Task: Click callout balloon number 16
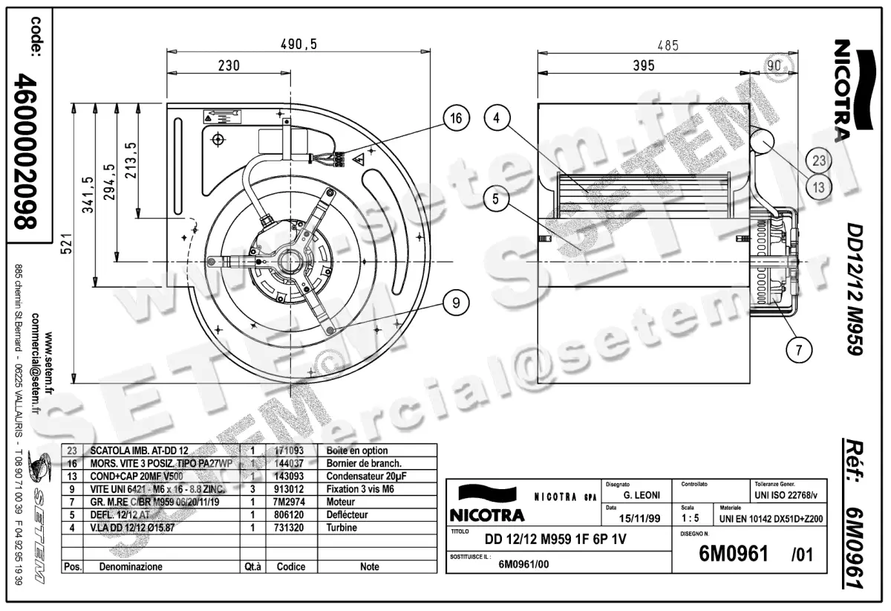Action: pos(457,118)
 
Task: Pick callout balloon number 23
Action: pos(819,159)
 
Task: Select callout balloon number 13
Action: pos(819,187)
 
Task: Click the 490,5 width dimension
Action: pos(298,45)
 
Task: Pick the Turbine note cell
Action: pos(342,528)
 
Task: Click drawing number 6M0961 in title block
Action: pos(733,555)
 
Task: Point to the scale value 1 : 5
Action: pos(691,517)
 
